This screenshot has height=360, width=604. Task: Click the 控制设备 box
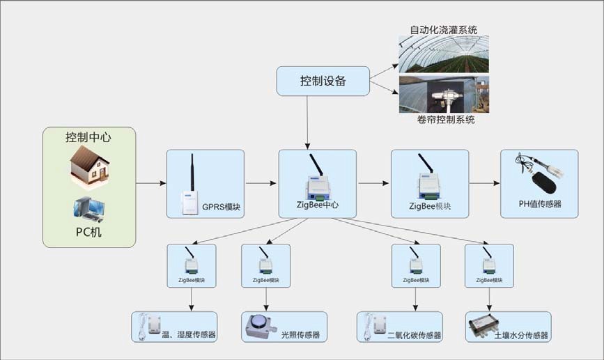pos(323,81)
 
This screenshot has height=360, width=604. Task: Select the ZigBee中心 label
pos(317,205)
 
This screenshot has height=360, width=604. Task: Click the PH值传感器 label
pos(539,204)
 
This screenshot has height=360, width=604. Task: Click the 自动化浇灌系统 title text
pos(442,30)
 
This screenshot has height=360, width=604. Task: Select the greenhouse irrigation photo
pos(443,54)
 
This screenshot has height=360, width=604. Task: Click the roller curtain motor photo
pos(443,95)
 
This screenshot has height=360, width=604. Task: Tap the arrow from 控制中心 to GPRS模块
pos(150,184)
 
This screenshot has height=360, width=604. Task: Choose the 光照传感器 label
pos(300,335)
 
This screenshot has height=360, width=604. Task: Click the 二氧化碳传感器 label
pos(415,335)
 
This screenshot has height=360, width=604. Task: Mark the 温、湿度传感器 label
pos(188,335)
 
